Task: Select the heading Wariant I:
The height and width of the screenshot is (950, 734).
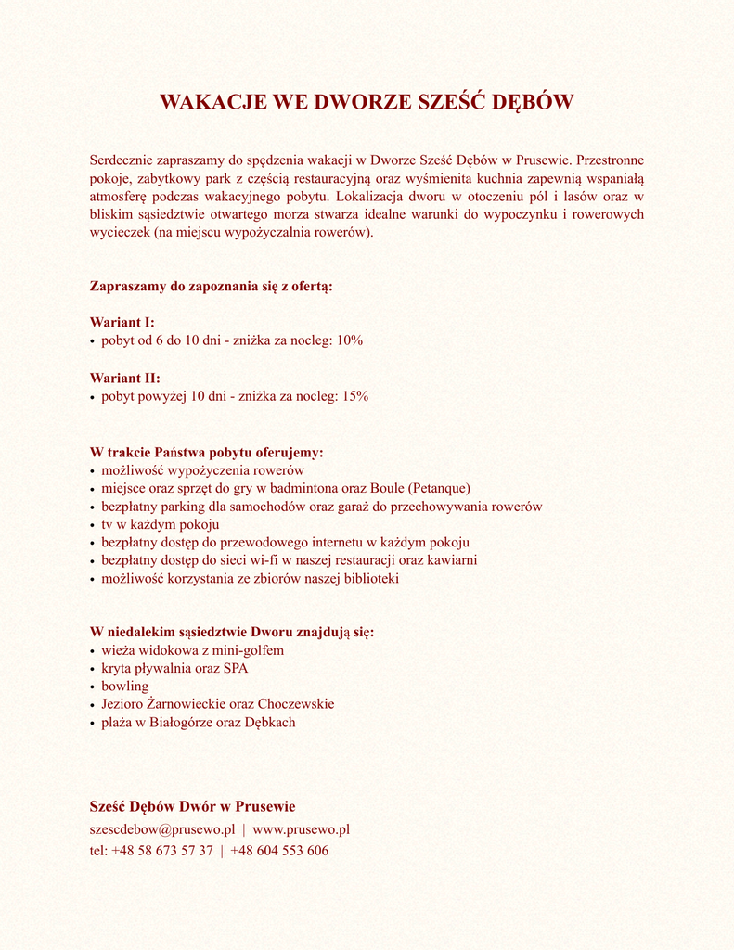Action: coord(122,323)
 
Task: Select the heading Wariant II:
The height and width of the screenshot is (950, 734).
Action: coord(124,379)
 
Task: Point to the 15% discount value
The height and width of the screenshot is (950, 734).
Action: coord(355,396)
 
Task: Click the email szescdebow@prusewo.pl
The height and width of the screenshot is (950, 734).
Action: coord(161,829)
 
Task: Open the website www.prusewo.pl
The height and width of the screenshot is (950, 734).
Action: coord(301,829)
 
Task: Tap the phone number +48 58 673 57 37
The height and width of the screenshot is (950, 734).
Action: coord(161,851)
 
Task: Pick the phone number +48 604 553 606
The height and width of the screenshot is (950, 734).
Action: coord(279,851)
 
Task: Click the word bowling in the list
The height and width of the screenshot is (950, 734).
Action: coord(125,687)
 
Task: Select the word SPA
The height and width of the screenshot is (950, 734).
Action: coord(236,669)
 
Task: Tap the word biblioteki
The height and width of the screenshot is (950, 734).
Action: coord(368,579)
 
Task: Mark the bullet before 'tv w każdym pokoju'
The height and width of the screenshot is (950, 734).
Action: coord(93,525)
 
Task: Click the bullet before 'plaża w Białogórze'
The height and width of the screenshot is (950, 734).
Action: coord(93,723)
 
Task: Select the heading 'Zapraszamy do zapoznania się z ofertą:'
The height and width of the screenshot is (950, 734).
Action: coord(211,287)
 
